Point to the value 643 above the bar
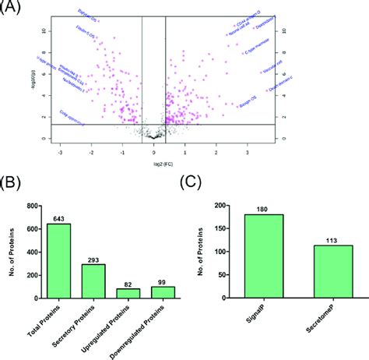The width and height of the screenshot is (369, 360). pyautogui.click(x=59, y=220)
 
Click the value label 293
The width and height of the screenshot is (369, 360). pyautogui.click(x=94, y=259)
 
